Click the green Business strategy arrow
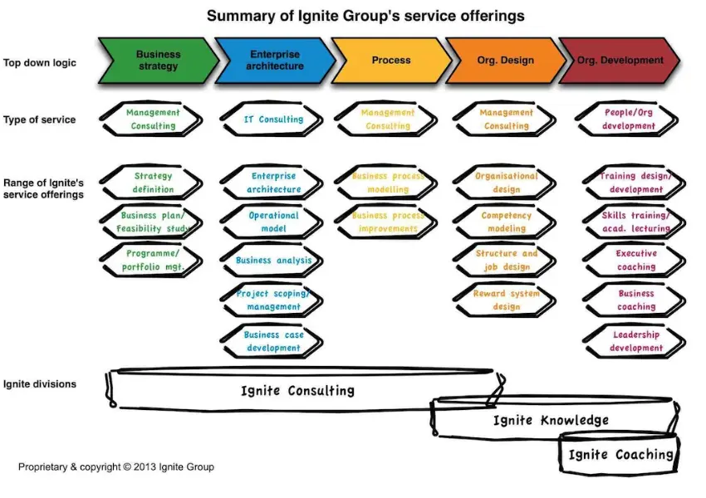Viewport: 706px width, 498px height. (x=157, y=61)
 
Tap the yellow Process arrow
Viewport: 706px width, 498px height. (x=390, y=61)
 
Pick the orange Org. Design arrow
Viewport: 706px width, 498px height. (x=505, y=61)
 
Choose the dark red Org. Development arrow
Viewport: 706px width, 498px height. (x=620, y=61)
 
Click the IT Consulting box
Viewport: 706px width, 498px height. (x=272, y=120)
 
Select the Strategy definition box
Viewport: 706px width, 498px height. (x=153, y=183)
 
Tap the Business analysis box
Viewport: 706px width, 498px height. (x=272, y=261)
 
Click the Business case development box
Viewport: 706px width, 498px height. (x=272, y=341)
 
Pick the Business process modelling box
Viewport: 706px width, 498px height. (x=388, y=183)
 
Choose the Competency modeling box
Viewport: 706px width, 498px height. (x=506, y=222)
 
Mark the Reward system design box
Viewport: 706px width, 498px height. (x=506, y=300)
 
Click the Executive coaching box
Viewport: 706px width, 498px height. (x=635, y=261)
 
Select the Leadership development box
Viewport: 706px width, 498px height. (x=635, y=341)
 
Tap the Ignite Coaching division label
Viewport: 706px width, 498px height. (x=620, y=455)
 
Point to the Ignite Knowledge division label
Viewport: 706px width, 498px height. (x=551, y=421)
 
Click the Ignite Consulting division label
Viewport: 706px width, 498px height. (x=297, y=390)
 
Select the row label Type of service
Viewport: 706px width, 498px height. (x=39, y=120)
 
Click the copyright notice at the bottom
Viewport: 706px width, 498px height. (x=116, y=467)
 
